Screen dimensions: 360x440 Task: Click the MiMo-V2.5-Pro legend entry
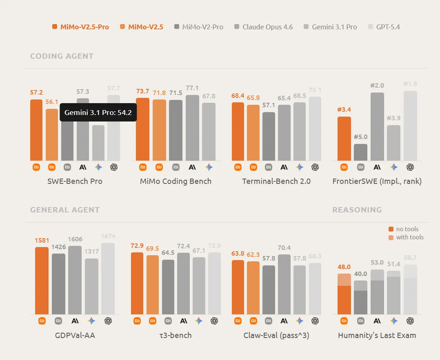coord(81,27)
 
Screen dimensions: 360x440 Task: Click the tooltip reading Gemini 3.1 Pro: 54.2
coord(98,113)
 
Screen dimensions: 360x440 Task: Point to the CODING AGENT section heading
coord(62,56)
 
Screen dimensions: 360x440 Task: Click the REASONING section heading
coord(357,210)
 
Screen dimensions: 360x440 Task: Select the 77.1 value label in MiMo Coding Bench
coord(192,88)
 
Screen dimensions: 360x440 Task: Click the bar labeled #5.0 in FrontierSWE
coord(360,152)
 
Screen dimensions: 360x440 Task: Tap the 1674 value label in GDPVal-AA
coord(108,236)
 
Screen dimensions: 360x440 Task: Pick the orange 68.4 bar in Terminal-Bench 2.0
coord(238,131)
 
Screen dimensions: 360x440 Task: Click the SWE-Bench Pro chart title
coord(75,181)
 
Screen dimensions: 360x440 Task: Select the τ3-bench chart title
coord(176,335)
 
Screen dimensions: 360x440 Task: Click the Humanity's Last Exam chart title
coord(377,335)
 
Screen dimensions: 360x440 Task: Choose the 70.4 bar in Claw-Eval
coord(284,284)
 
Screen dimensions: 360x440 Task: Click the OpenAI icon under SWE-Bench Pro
coord(114,167)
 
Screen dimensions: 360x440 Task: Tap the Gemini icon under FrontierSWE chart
coord(394,167)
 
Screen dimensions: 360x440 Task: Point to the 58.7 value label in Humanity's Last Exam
coord(410,258)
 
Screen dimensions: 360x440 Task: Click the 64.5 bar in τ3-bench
coord(168,287)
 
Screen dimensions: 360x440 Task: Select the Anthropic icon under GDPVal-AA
coord(75,321)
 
